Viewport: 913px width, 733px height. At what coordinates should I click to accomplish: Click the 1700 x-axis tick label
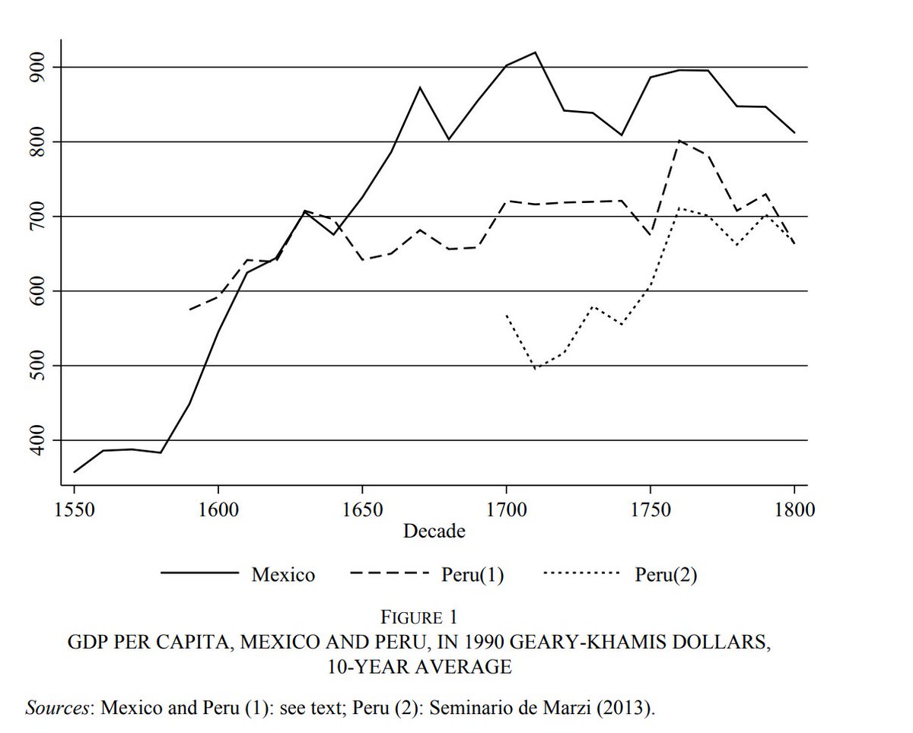[x=506, y=509]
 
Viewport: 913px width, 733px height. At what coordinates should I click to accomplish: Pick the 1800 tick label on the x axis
[x=794, y=509]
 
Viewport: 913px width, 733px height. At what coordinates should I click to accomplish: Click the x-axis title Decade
[x=434, y=531]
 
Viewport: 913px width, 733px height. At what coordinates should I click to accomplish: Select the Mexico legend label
[x=283, y=575]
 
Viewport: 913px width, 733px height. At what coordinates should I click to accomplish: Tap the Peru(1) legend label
[x=472, y=575]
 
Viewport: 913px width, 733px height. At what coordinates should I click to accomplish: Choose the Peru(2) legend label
[x=666, y=575]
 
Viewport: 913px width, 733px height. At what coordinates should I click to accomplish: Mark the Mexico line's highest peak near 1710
[x=535, y=52]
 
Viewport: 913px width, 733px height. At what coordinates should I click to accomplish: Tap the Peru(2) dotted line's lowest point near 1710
[x=536, y=369]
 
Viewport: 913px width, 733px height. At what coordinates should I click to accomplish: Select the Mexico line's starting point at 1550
[x=75, y=472]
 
